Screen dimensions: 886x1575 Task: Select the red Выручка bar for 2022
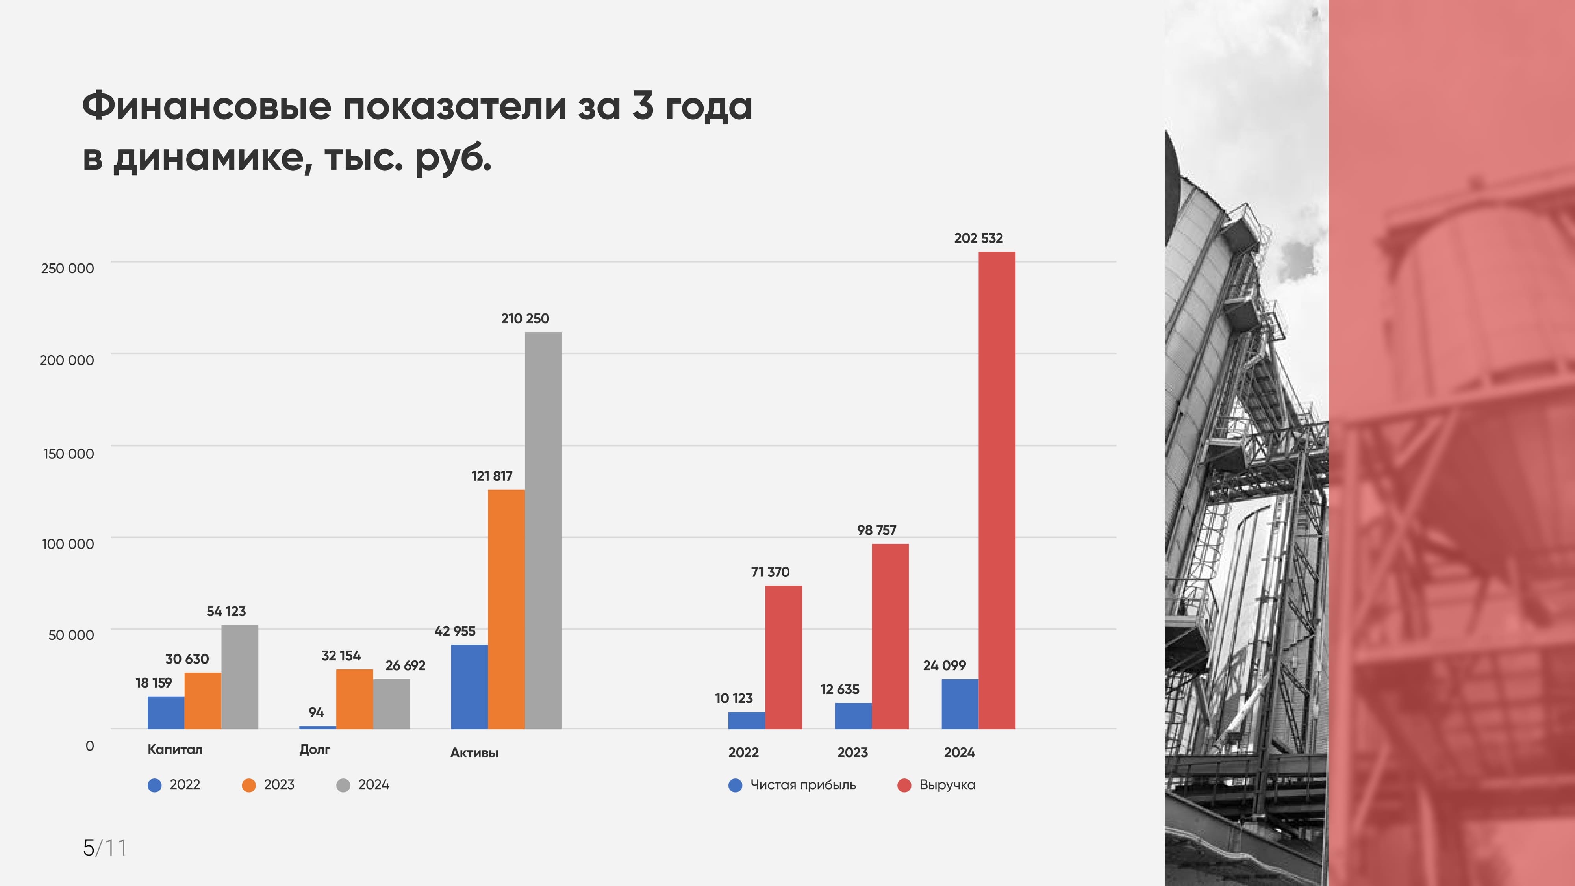(x=783, y=657)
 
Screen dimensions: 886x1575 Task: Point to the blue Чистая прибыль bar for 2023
(x=853, y=716)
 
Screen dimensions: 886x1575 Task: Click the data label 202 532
(x=978, y=238)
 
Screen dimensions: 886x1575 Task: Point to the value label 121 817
(x=491, y=476)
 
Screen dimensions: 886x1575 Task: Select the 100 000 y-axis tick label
(x=67, y=543)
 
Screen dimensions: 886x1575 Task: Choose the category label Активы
(x=474, y=753)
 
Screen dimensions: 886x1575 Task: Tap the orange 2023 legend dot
(x=249, y=785)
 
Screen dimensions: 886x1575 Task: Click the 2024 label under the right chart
(x=959, y=753)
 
